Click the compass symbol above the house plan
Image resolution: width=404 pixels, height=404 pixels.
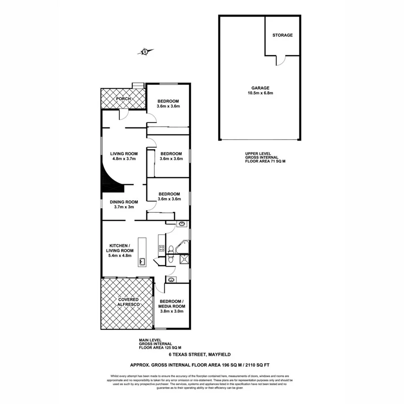click(x=145, y=52)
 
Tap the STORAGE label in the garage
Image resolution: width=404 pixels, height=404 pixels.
click(x=282, y=35)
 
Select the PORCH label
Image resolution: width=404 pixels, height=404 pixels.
click(x=123, y=99)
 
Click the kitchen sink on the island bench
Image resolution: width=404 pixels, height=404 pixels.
click(x=142, y=261)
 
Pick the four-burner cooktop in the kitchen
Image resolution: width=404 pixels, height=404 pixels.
click(x=161, y=247)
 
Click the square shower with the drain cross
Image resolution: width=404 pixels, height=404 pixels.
click(x=184, y=259)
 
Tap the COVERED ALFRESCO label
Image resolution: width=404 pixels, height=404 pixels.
click(x=128, y=302)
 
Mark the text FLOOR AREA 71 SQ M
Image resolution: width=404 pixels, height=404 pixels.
click(x=265, y=161)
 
